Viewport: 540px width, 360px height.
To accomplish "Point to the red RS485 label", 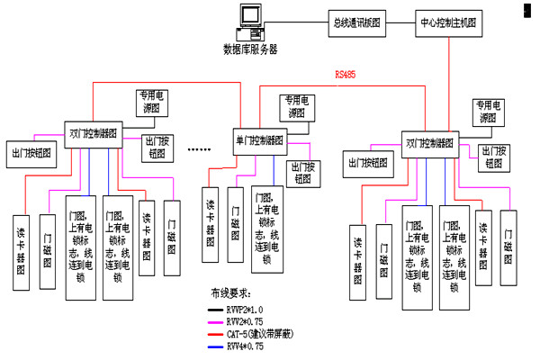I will [x=345, y=76].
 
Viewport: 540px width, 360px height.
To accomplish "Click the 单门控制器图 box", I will [x=258, y=140].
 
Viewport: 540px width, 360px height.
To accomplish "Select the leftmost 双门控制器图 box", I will [x=93, y=129].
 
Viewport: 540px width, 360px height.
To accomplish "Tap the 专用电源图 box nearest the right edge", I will [x=487, y=112].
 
